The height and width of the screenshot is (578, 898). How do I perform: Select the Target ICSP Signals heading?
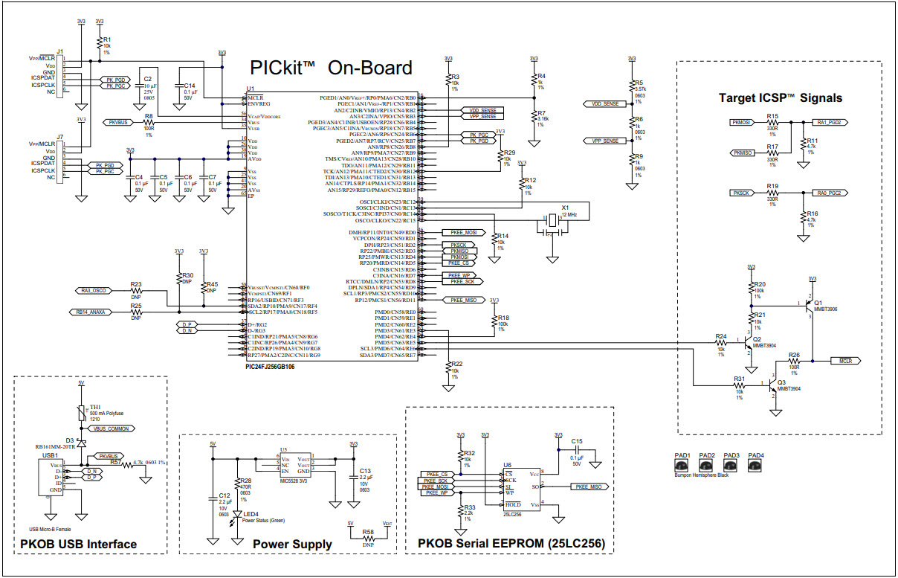[x=780, y=97]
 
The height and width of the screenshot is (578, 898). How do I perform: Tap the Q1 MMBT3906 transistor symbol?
[x=807, y=306]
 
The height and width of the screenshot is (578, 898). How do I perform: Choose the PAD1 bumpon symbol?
[x=682, y=465]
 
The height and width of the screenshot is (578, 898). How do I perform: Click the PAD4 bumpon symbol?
[x=755, y=465]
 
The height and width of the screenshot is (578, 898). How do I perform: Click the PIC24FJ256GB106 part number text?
[x=275, y=367]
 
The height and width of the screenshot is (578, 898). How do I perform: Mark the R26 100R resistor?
[x=794, y=361]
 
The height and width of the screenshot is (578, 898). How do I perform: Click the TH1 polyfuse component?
[x=81, y=414]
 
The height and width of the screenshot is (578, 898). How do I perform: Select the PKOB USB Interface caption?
[x=79, y=545]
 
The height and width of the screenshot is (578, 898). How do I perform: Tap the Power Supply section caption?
[x=292, y=545]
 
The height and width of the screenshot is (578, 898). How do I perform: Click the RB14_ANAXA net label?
[x=91, y=312]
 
